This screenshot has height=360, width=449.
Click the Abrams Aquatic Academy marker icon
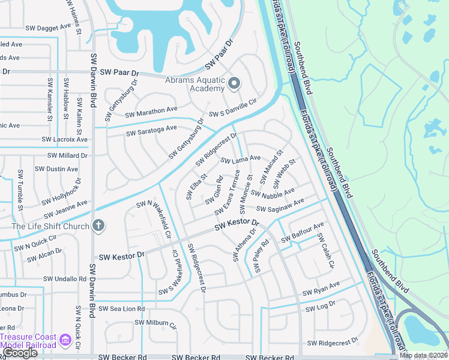[x=234, y=83]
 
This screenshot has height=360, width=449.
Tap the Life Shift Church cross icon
[x=98, y=226]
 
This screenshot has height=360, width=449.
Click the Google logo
[x=19, y=353]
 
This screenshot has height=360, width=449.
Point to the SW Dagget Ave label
[x=49, y=28]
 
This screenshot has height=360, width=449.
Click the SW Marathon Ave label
[x=151, y=112]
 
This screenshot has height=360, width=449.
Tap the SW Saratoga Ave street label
[x=151, y=129]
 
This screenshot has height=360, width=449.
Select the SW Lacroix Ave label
[x=65, y=139]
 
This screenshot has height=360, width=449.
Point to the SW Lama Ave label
[x=240, y=160]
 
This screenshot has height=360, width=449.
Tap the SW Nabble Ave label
[x=273, y=193]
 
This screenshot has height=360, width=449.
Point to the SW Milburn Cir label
[x=155, y=324]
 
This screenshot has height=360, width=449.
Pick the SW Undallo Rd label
[x=65, y=279]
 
